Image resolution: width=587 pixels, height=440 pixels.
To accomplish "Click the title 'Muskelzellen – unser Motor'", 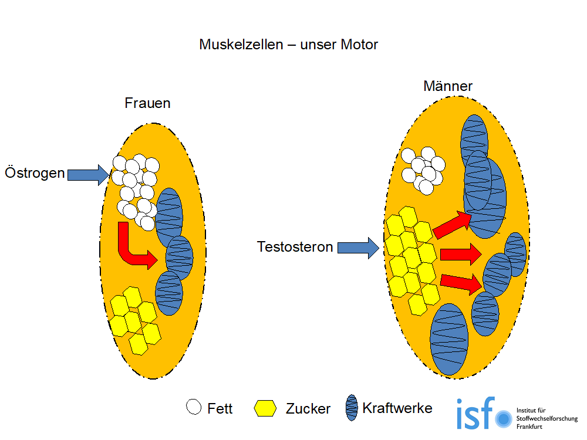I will tap(288, 45).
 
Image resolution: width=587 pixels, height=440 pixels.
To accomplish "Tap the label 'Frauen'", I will tap(147, 103).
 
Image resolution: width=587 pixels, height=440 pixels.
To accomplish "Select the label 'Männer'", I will tap(448, 87).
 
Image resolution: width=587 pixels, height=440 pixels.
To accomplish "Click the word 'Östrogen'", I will tap(35, 174).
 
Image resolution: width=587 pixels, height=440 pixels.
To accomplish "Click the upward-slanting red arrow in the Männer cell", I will tap(453, 225).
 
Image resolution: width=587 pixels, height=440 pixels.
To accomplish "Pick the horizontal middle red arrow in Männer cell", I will tap(460, 255).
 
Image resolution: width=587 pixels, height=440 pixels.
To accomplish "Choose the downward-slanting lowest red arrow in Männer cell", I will tap(461, 283).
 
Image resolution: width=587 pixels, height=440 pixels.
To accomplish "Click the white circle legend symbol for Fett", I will tap(193, 407).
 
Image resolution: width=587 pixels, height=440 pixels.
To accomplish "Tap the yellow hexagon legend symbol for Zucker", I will tap(265, 408).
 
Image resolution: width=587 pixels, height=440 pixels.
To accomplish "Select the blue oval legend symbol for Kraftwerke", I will tap(352, 407).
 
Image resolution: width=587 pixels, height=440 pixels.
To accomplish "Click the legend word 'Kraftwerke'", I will tap(397, 408).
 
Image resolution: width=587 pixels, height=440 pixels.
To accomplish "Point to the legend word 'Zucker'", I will tap(308, 409).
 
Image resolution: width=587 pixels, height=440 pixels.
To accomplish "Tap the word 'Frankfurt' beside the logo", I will tap(529, 427).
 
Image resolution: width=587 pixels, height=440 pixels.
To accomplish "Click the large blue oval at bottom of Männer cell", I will tap(449, 339).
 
